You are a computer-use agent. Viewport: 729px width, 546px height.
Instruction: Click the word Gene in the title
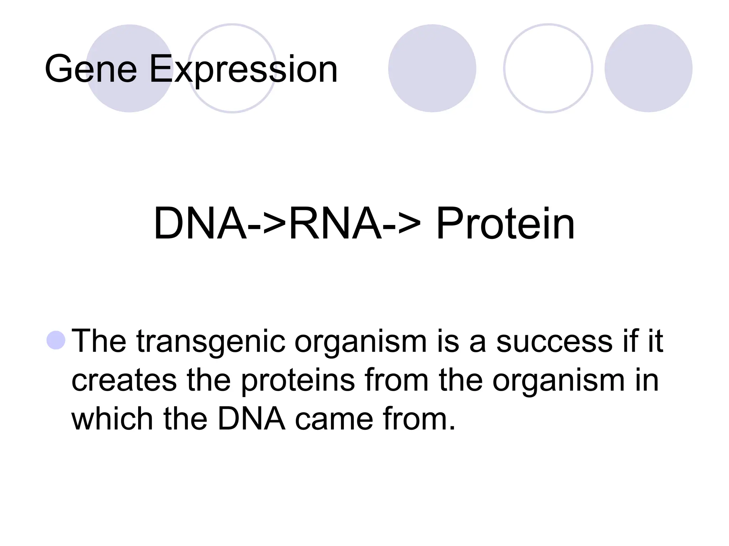(91, 69)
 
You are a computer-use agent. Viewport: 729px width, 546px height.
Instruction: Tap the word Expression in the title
(243, 69)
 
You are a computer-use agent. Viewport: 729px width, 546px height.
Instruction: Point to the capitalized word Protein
(505, 224)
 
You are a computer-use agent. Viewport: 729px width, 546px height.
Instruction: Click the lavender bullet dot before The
(56, 340)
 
